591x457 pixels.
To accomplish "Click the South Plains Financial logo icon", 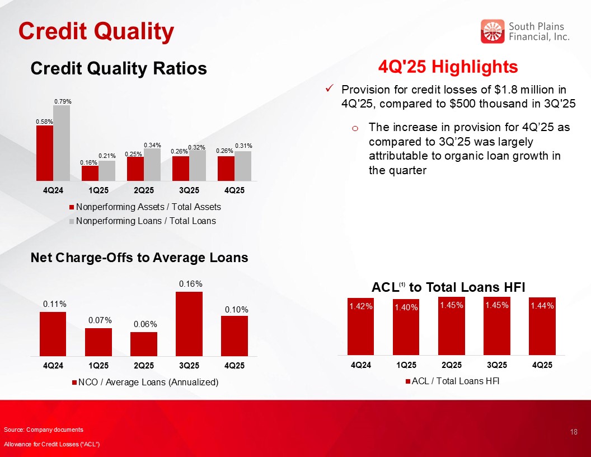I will click(492, 31).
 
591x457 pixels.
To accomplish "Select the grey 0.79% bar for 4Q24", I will click(62, 143).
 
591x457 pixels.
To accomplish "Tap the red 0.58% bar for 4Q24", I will click(45, 153).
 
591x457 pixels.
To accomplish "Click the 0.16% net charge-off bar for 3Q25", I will click(189, 323).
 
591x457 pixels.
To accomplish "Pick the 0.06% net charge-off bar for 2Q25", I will click(144, 343).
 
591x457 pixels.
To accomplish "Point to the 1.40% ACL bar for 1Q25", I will click(406, 327).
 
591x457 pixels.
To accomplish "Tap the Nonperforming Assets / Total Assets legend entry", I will click(144, 207).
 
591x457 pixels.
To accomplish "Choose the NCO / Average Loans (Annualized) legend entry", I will click(144, 382).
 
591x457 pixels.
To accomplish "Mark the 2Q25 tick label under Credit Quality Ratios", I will click(144, 189).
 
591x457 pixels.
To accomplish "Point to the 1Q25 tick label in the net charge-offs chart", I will click(98, 365).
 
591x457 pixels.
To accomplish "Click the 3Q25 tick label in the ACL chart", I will click(497, 365).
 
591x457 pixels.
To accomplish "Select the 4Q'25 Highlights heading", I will click(448, 67).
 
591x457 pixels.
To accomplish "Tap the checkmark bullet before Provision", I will click(330, 89).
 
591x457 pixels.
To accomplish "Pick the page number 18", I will click(573, 432).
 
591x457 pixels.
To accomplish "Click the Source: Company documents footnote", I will click(44, 430).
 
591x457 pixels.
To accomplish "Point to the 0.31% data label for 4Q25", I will click(243, 146).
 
